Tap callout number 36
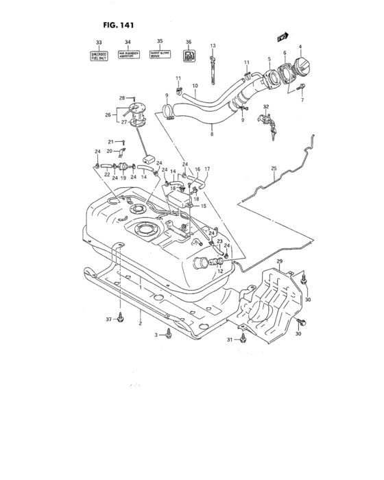tap(188, 42)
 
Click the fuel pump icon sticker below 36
tap(189, 56)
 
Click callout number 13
tap(213, 45)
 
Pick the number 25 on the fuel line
tap(273, 168)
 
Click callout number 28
tap(121, 98)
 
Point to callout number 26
tap(107, 115)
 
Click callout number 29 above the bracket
tap(279, 263)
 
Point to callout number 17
tap(206, 169)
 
